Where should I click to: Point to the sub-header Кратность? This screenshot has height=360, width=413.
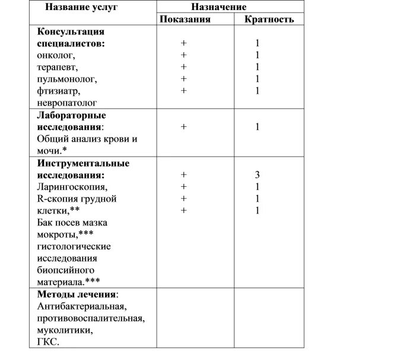(x=269, y=19)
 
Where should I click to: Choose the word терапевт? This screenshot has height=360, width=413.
(x=57, y=67)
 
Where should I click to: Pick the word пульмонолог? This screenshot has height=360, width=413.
(x=66, y=79)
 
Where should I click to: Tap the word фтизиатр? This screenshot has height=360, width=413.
(x=58, y=91)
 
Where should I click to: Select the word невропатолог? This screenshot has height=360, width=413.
(x=66, y=103)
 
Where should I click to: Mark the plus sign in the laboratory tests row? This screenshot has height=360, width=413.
(x=184, y=126)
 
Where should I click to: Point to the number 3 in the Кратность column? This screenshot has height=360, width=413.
(x=257, y=174)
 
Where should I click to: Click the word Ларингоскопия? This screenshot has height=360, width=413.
(x=72, y=187)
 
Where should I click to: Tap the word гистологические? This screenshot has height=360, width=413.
(x=74, y=246)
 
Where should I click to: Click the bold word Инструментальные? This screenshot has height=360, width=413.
(x=82, y=163)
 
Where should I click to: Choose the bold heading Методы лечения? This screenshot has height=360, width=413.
(x=77, y=294)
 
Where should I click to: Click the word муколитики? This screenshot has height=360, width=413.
(x=64, y=330)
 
